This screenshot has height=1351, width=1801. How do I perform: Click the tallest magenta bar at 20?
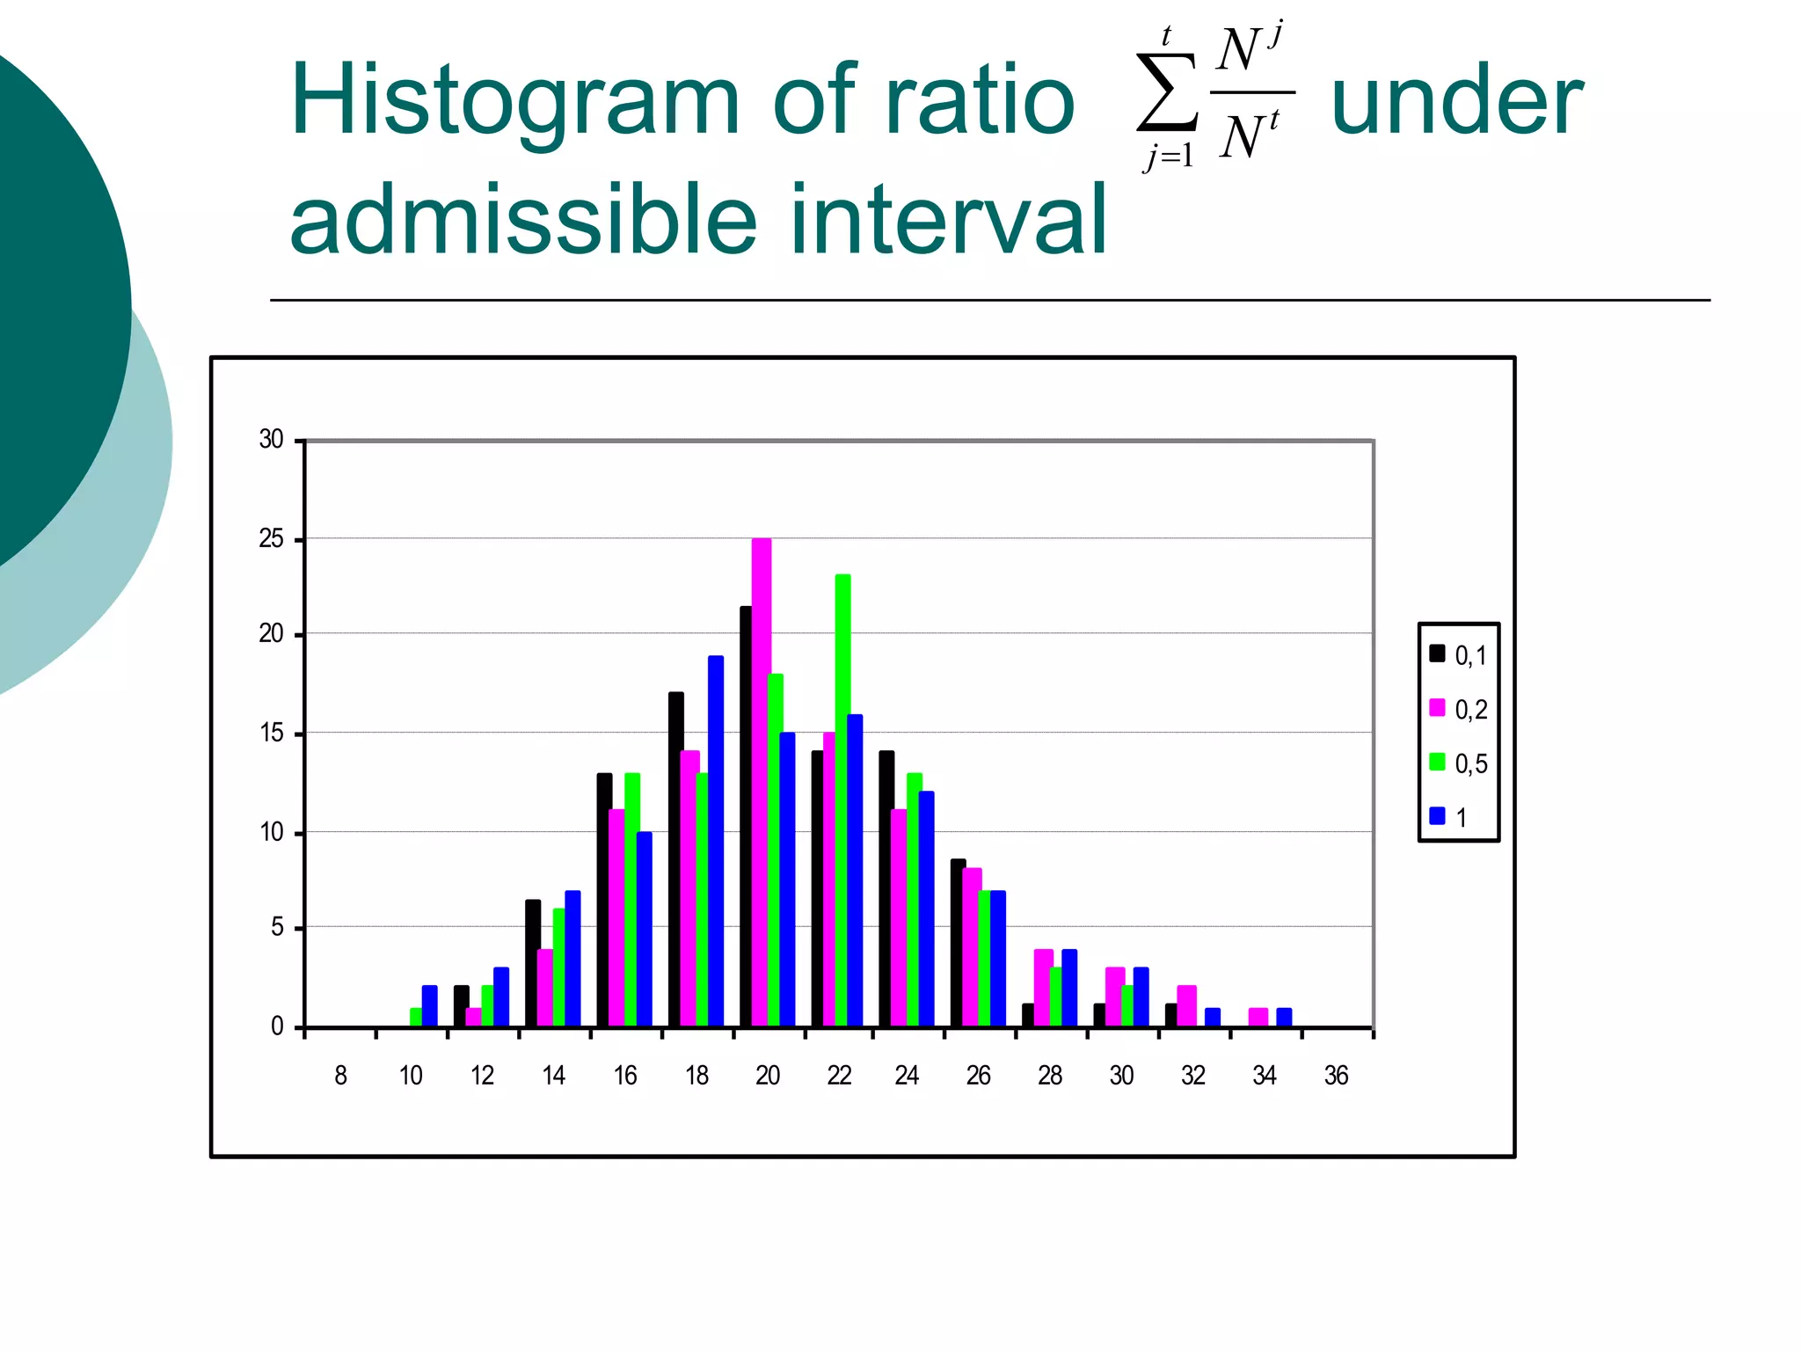pos(762,783)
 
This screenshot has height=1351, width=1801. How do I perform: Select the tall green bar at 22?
pos(842,800)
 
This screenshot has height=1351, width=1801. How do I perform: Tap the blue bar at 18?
pos(716,841)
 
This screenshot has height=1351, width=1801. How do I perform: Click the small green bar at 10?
pos(416,1018)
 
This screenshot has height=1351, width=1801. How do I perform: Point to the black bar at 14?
pos(532,963)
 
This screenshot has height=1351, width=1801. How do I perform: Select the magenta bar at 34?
pos(1258,1018)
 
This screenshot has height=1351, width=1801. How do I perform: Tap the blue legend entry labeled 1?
pos(1449,817)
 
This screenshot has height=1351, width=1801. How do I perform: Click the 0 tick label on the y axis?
pos(277,1026)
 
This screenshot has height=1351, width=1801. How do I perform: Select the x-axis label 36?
pos(1336,1076)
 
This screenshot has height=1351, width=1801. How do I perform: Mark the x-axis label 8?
pos(341,1076)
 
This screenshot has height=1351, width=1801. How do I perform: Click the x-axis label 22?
pos(839,1076)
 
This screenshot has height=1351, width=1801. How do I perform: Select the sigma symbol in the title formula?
pos(1166,92)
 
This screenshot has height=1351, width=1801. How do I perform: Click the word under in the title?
pos(1457,101)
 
